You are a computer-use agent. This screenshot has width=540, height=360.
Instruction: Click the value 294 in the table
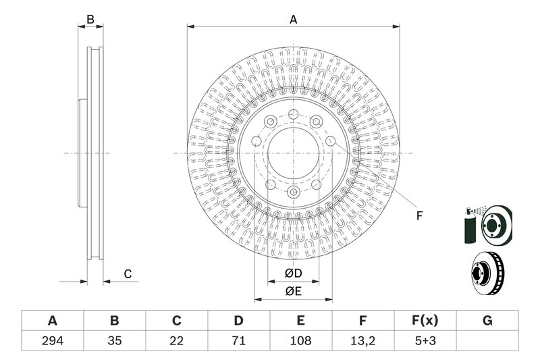coord(52,341)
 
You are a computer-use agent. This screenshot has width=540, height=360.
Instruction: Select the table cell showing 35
coord(114,341)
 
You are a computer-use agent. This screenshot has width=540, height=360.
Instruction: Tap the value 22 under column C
coord(177,341)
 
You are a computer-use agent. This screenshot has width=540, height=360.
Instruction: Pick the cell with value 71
coord(239,341)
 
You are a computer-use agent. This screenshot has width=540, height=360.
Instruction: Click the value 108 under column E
coord(301,341)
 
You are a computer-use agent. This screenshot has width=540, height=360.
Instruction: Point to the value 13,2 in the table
coord(363,341)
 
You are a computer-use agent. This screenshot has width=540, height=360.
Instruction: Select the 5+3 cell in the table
coord(425,341)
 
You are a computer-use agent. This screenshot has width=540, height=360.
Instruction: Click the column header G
coord(487,321)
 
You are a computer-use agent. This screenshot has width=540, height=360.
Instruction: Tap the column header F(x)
coord(425,321)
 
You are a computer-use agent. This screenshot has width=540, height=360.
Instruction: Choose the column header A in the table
coord(52,321)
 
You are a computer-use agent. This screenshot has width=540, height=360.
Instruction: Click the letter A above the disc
coord(294,20)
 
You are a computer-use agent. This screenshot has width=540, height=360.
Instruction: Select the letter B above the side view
coord(90,20)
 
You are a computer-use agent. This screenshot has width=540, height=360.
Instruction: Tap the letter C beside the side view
coord(126,274)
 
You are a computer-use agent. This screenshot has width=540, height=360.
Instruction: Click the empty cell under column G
coord(487,341)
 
